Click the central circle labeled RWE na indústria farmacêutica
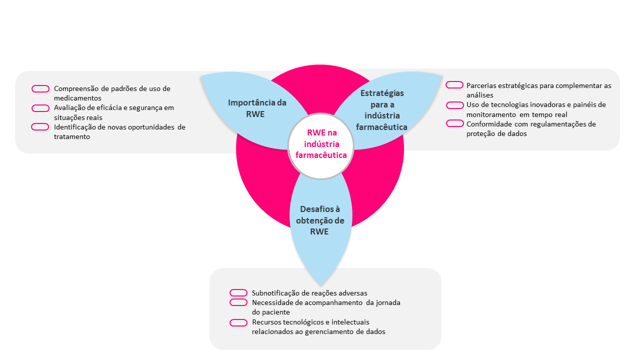(321, 145)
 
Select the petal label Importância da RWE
(257, 108)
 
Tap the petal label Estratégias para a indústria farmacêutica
(382, 110)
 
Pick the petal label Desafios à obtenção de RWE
(322, 220)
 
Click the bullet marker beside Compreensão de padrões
(40, 89)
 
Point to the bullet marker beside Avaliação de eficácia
(40, 108)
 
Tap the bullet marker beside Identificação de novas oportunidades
(40, 127)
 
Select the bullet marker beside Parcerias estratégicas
(454, 85)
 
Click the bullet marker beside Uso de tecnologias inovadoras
(454, 105)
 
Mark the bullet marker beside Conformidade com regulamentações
(454, 124)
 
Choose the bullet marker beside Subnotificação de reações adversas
(238, 293)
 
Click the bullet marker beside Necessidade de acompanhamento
(238, 302)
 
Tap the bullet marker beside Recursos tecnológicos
(238, 322)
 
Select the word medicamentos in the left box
(77, 98)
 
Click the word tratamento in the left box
(72, 136)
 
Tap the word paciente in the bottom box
(277, 312)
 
